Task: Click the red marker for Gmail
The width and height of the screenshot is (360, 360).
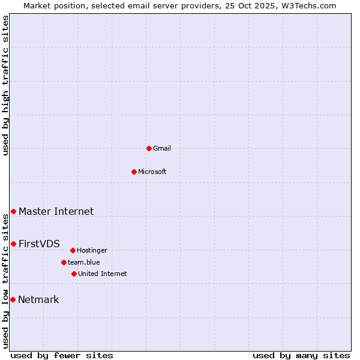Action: [149, 148]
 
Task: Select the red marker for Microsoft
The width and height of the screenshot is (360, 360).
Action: [134, 172]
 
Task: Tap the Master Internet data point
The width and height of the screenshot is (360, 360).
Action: [13, 211]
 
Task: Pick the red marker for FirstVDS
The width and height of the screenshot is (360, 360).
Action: [13, 244]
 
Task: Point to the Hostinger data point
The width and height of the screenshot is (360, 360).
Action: [73, 250]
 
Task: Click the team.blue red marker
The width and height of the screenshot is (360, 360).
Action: [64, 262]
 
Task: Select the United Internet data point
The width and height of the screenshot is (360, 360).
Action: [74, 274]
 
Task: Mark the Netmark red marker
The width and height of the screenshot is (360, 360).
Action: [13, 299]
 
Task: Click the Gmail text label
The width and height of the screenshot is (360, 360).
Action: [162, 148]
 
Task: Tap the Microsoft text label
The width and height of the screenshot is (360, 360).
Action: [152, 172]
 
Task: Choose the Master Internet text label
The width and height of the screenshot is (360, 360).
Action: [56, 211]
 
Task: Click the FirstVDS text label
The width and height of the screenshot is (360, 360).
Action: [39, 244]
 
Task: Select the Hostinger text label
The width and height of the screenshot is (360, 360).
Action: [92, 250]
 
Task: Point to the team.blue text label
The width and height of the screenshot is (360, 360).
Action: [84, 262]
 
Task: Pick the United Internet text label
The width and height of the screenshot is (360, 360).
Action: [103, 274]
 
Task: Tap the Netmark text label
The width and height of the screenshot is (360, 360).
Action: [38, 299]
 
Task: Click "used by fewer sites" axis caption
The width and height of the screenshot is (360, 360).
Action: [62, 355]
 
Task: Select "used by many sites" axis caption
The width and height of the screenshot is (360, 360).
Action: [301, 355]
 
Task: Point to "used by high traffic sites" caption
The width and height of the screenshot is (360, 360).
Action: [5, 85]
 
